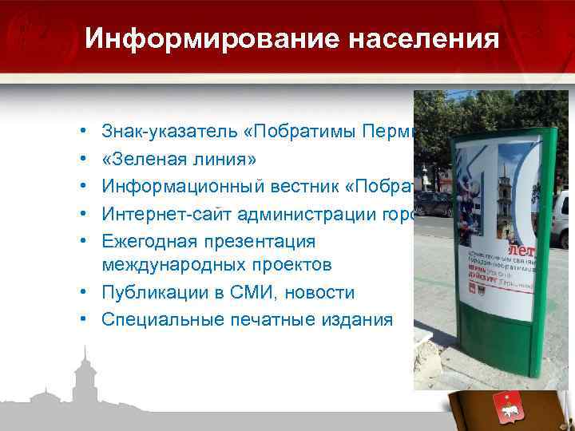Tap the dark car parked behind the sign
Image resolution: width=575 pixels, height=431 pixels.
pos(436,203)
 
